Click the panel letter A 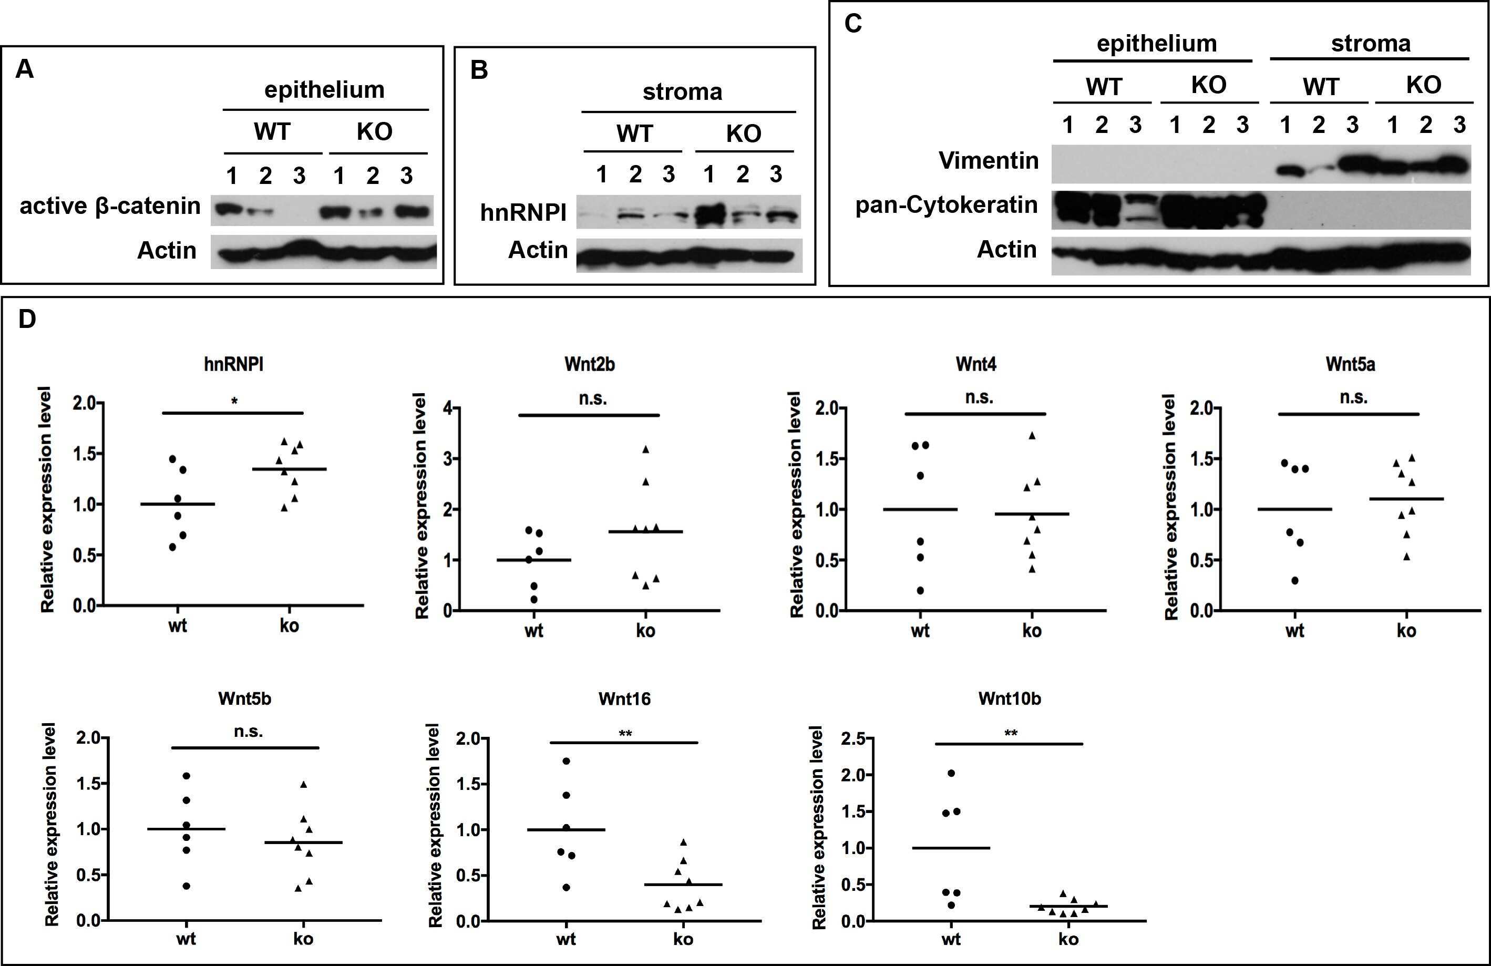pos(24,69)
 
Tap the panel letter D pos(27,320)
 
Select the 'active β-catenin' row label pos(110,206)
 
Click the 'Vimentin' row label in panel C pos(988,160)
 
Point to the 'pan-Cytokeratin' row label pos(946,205)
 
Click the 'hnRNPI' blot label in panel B pos(523,213)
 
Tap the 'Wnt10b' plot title pos(1009,698)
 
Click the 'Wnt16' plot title pos(624,698)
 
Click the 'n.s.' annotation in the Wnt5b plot pos(248,731)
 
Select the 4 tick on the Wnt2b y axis pos(447,408)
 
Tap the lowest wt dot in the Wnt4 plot pos(920,590)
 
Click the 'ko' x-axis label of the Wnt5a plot pos(1406,630)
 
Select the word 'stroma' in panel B pos(682,92)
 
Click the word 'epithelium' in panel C pos(1156,43)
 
